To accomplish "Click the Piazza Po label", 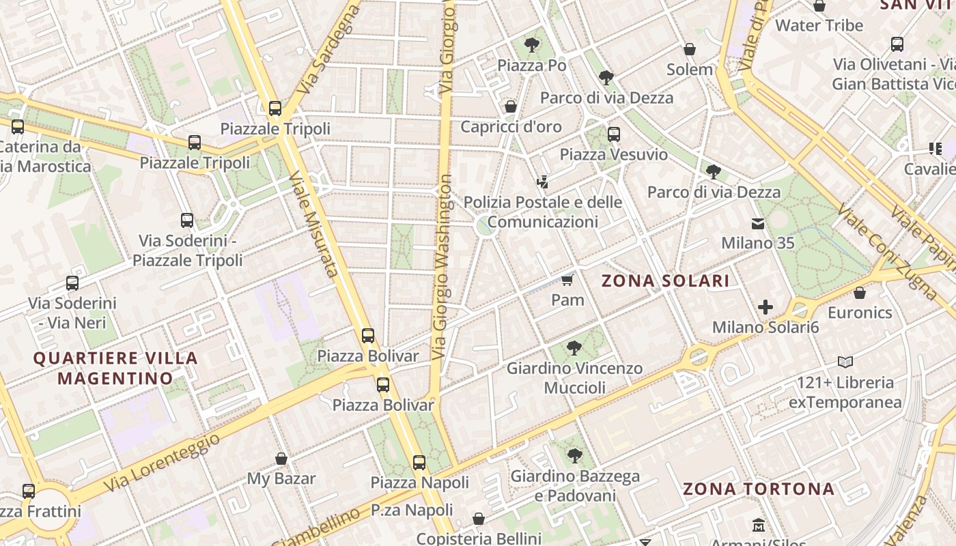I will [x=532, y=66].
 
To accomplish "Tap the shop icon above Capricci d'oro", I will [x=510, y=106].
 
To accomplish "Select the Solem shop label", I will [x=690, y=70].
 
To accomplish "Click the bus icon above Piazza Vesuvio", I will [x=614, y=134].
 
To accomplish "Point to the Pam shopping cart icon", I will [x=567, y=280].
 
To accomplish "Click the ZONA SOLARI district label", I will [x=665, y=281].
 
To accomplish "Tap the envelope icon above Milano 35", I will [x=758, y=223].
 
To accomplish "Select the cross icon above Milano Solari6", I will [x=765, y=307].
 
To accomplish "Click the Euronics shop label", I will [x=860, y=313].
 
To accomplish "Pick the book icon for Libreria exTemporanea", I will [x=845, y=362].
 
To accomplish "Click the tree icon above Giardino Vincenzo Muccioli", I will [x=574, y=348].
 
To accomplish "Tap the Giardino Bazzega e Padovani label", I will [x=575, y=485].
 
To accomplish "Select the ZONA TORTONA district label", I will [x=759, y=489].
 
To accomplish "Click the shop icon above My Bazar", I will [x=281, y=459].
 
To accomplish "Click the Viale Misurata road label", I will [x=313, y=224].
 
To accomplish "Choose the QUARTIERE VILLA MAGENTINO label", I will [x=115, y=368].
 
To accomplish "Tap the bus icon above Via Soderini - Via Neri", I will [x=72, y=283].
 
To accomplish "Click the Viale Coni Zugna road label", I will [x=887, y=252].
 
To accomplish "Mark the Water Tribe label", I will [x=819, y=26].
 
